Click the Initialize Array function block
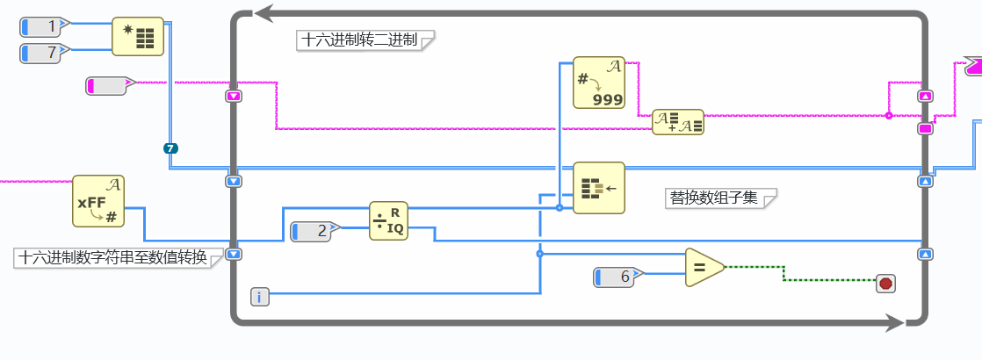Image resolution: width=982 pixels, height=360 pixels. (138, 37)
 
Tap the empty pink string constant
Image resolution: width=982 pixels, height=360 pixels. (108, 85)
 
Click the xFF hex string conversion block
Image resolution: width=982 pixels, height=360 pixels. (98, 201)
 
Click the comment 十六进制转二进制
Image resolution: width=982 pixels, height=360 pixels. (361, 40)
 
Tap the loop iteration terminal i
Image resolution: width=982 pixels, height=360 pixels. (260, 297)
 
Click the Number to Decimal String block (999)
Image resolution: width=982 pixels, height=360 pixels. (598, 83)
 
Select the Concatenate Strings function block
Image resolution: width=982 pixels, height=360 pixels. (678, 122)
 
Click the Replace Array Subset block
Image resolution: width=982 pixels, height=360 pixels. (598, 187)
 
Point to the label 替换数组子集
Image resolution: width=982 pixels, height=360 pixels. (714, 198)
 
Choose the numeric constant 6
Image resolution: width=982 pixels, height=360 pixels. (618, 277)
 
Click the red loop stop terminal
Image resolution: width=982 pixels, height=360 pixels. (885, 283)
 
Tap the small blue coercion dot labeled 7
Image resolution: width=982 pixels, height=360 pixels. (170, 148)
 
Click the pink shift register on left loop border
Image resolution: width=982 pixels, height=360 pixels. (234, 97)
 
